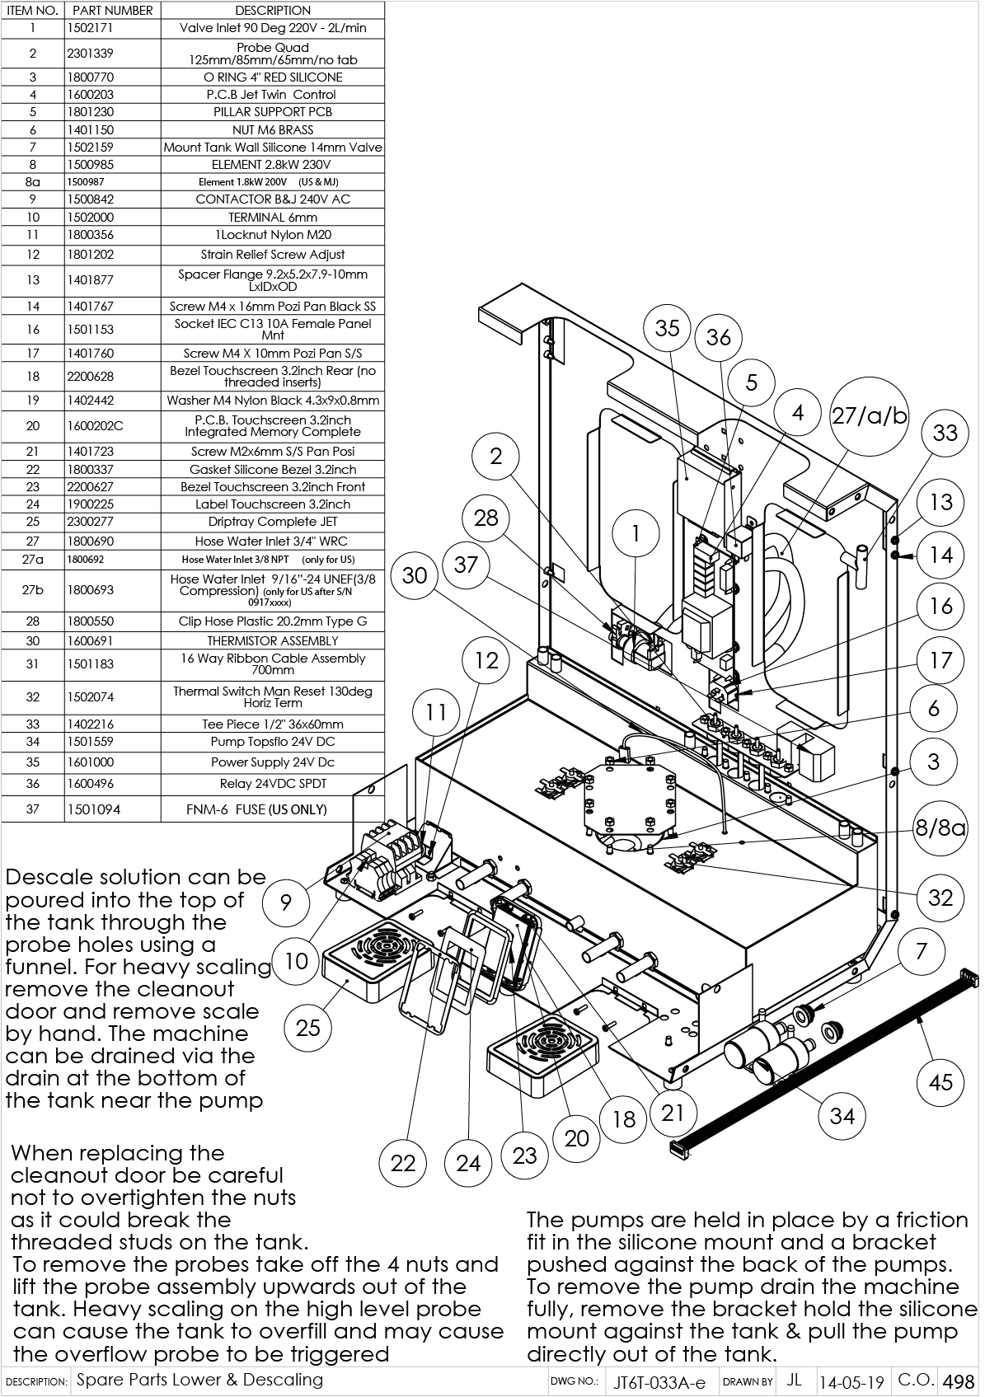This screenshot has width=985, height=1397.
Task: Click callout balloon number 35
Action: (x=667, y=328)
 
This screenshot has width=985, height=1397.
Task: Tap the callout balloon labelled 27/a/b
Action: (x=869, y=416)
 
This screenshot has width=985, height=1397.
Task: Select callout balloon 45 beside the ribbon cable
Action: (x=940, y=1082)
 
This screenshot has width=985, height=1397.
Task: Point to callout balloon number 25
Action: (x=307, y=1028)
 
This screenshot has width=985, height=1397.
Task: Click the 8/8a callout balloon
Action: (x=940, y=827)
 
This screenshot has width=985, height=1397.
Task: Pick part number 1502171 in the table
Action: (x=90, y=28)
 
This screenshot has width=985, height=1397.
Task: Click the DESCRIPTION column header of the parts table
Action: (x=273, y=11)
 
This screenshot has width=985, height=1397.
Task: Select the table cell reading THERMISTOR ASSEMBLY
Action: (x=273, y=640)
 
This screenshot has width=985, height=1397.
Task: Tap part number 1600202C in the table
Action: (x=95, y=426)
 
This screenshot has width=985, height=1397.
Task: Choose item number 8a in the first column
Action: (x=33, y=182)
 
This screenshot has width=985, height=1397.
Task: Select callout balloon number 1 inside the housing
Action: (x=636, y=534)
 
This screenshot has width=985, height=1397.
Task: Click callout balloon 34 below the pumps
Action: (x=842, y=1115)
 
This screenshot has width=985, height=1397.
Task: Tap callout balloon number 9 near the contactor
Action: (x=285, y=902)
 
